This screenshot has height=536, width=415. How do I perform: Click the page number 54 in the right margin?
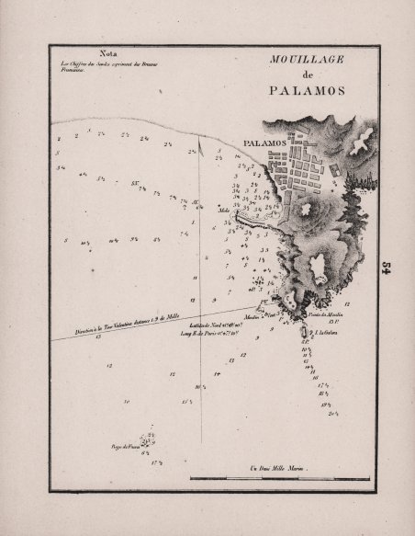point(387,267)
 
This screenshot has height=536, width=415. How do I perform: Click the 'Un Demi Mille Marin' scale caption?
point(280,470)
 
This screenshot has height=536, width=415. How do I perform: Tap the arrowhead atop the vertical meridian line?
point(200,140)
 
